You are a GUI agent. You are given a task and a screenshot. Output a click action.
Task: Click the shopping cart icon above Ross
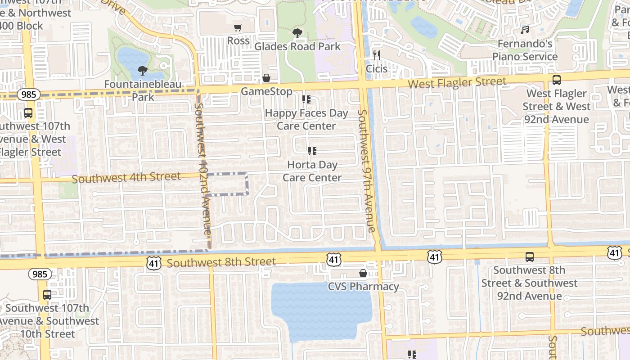click(x=238, y=28)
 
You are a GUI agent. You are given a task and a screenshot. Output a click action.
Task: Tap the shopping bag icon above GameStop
click(x=266, y=78)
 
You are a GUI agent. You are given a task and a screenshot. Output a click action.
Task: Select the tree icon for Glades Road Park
click(x=297, y=33)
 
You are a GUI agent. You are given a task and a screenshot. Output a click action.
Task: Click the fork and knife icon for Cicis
click(x=377, y=55)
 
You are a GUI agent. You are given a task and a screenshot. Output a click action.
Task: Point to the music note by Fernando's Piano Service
click(x=525, y=30)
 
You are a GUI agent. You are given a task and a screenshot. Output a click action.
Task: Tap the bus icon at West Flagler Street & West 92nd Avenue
click(x=557, y=81)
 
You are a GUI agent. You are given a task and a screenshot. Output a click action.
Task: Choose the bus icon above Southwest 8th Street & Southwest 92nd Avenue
click(x=530, y=257)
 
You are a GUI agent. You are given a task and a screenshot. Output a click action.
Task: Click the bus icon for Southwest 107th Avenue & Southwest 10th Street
click(x=47, y=295)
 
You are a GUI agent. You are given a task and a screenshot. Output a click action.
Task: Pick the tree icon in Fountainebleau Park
click(x=143, y=70)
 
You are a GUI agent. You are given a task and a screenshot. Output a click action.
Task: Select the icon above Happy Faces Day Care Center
click(x=306, y=99)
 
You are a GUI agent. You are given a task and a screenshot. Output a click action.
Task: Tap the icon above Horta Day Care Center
click(x=312, y=151)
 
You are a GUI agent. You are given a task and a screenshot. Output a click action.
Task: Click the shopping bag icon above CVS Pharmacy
click(x=363, y=273)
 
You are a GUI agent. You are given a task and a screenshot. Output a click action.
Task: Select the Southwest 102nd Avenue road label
click(x=202, y=169)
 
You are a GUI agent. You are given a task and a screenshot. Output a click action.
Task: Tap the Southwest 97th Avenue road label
click(x=365, y=171)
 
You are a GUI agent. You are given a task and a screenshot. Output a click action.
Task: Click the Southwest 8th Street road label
click(x=221, y=262)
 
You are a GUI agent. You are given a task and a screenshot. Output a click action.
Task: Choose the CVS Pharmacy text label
click(x=363, y=287)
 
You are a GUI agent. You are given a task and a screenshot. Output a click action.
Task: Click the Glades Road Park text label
click(x=297, y=46)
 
